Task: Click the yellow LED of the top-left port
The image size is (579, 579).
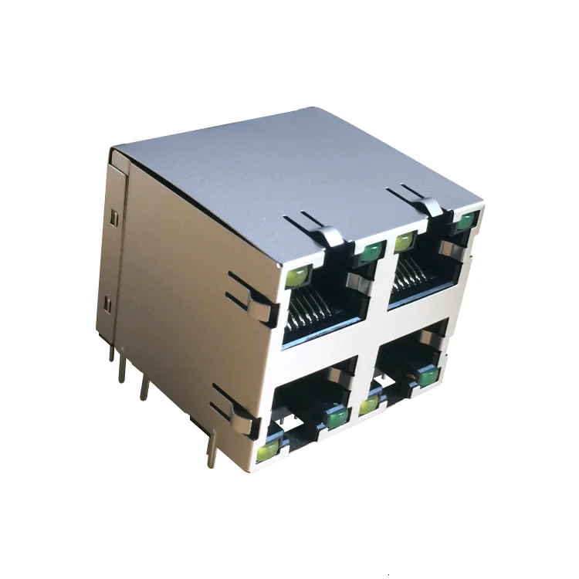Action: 297,275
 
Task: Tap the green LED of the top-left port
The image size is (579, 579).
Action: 372,250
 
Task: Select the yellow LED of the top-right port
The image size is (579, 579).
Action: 404,242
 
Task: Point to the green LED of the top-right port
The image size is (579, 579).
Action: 465,222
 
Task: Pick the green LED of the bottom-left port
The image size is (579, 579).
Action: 337,418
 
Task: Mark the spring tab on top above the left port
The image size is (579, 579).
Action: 328,234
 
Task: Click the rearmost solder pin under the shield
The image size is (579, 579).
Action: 112,354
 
